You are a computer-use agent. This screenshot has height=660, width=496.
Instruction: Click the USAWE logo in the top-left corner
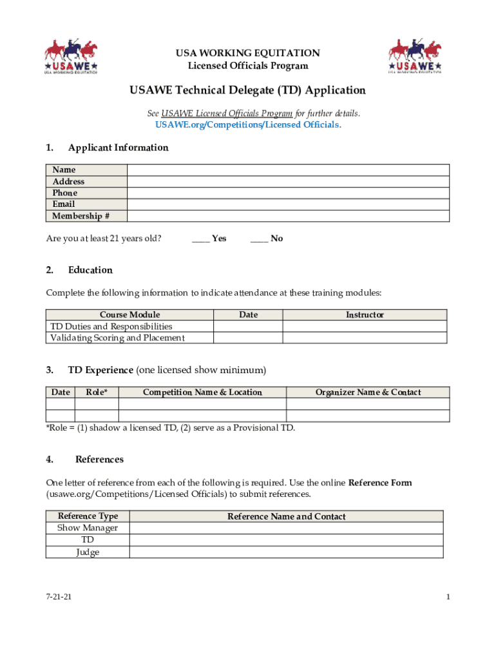[71, 56]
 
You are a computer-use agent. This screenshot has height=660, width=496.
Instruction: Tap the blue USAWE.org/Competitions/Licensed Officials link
[248, 124]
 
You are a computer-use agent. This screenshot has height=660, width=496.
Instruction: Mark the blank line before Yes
[200, 238]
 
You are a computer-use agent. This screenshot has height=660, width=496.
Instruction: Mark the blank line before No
[259, 238]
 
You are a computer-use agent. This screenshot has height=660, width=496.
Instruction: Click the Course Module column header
[129, 315]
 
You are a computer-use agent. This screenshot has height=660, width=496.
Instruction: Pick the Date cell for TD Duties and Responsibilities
[248, 326]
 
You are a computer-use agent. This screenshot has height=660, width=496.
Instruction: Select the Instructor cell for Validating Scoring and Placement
[365, 338]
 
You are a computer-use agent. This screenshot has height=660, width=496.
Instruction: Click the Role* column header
[97, 392]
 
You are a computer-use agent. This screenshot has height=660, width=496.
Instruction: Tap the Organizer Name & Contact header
[368, 392]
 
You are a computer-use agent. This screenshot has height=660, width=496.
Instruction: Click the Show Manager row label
[88, 528]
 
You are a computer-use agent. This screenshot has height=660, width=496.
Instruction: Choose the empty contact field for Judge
[286, 552]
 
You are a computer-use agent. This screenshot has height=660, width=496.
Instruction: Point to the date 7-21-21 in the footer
[59, 597]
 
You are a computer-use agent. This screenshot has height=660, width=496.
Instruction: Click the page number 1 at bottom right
[447, 597]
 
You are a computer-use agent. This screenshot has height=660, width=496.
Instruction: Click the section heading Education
[90, 270]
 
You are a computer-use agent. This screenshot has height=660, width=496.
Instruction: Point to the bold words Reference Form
[380, 483]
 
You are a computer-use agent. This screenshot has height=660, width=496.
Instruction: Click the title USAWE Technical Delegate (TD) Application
[248, 90]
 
